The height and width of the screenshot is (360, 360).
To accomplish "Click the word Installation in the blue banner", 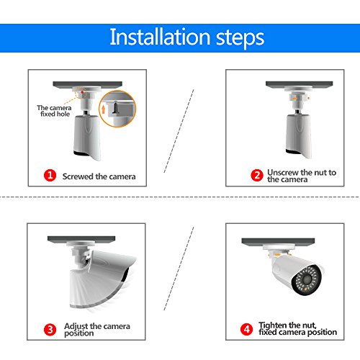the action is coord(160,37).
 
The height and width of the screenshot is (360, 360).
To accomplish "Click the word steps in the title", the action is coord(240,38).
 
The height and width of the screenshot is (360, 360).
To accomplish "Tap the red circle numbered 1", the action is coord(50,175).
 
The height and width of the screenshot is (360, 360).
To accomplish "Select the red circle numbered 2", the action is coord(257,175).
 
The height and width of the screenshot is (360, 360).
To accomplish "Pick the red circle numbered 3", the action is coord(50,330).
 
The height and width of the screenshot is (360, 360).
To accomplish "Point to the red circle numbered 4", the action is coord(246,329).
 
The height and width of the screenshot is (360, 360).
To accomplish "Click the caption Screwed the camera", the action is coord(99,176).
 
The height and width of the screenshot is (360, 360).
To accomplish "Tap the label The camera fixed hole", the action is coord(54,111).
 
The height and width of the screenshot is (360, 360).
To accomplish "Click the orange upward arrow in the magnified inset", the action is coord(104,109).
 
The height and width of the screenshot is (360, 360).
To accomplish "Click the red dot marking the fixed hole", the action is coord(82,92).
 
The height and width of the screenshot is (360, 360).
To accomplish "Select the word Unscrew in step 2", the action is coord(283,172).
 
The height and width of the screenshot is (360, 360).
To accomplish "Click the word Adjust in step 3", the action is coord(76,326).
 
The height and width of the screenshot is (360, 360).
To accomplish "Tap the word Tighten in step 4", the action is coord(273,325).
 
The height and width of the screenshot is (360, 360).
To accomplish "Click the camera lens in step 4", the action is coord(307,279).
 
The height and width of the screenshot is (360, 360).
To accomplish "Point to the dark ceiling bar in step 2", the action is coord(299,84).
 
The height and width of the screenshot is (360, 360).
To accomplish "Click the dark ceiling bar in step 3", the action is coord(81,239).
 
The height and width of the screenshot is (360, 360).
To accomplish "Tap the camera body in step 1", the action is coord(86,138).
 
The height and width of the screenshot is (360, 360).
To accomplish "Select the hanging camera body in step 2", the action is coord(299,136).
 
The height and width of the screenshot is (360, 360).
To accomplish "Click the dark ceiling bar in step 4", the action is coord(278,241).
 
